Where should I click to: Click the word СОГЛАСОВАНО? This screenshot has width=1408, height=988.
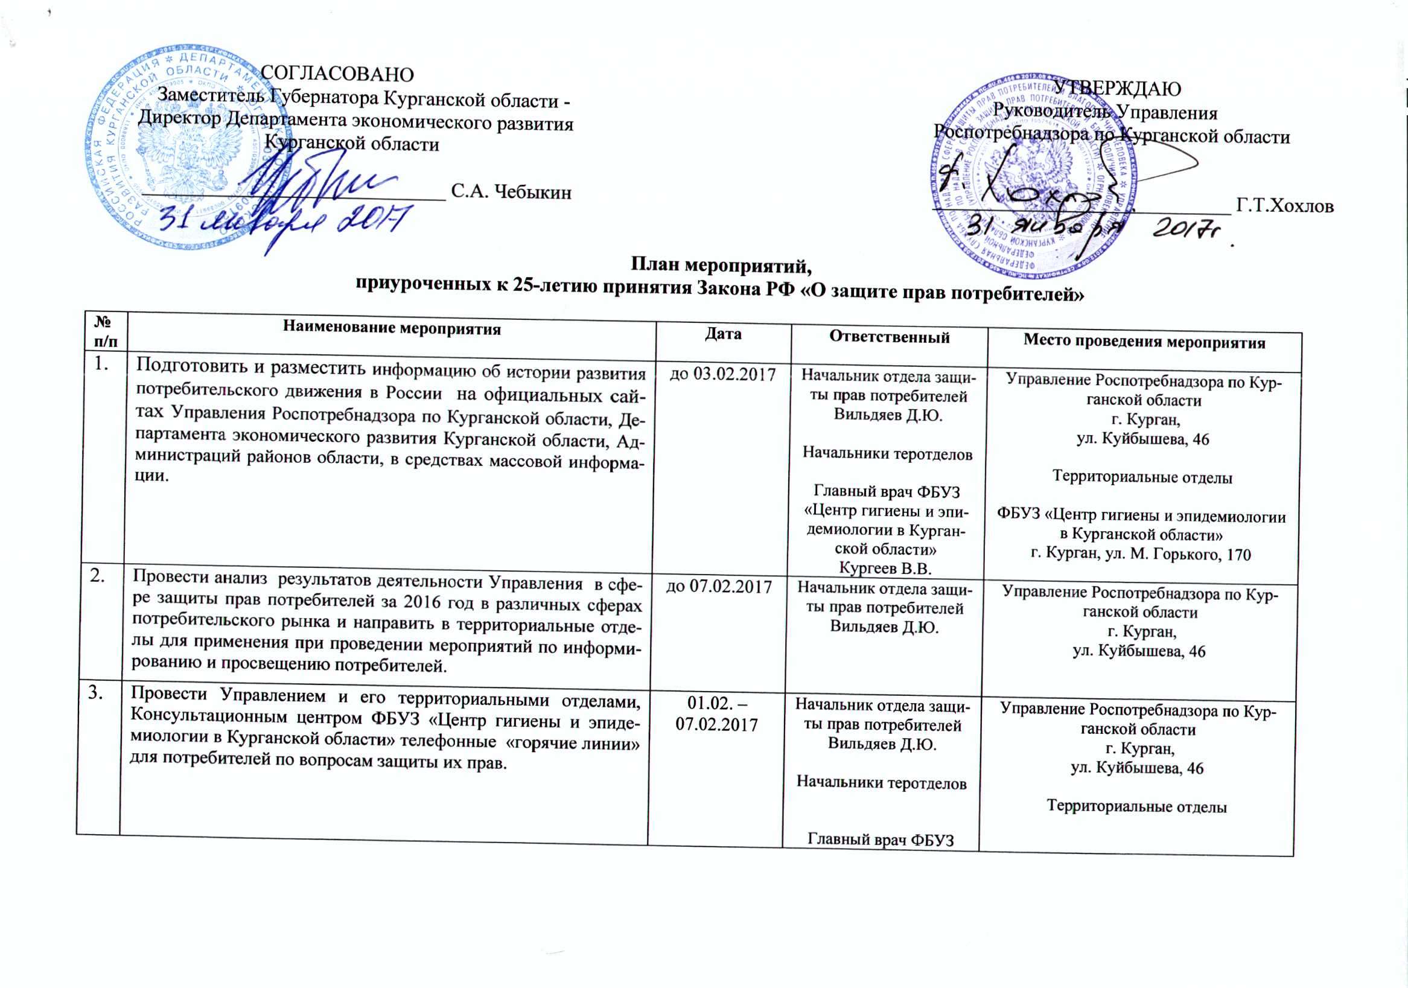[x=337, y=74]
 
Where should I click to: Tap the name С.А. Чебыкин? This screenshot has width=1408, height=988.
[x=511, y=192]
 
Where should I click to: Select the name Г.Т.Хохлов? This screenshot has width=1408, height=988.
[x=1285, y=206]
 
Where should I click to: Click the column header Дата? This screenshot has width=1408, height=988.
[x=723, y=334]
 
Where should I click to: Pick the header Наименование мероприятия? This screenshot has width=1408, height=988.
[x=392, y=329]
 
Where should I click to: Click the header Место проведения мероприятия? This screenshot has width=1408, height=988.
[x=1144, y=342]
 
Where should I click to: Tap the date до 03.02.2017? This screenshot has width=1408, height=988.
[x=722, y=374]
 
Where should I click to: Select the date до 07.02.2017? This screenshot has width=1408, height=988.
[x=719, y=586]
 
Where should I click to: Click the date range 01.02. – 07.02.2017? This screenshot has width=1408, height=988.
[x=716, y=715]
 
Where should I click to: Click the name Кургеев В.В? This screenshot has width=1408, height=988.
[x=885, y=568]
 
